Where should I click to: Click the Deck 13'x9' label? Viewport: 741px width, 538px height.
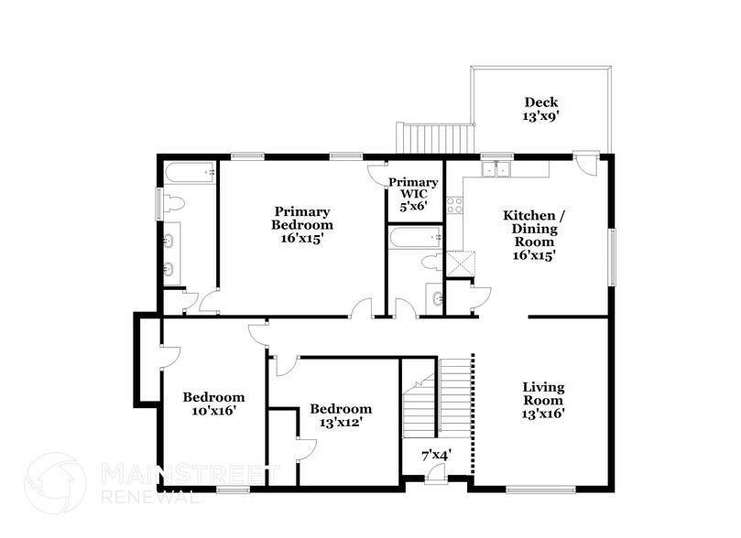(x=540, y=109)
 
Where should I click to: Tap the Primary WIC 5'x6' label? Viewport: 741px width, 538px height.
(x=413, y=195)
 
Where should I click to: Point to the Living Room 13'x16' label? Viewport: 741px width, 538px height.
(x=543, y=399)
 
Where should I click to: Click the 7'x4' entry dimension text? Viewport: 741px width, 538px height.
(x=436, y=454)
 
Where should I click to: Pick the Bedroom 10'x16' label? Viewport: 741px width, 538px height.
(x=213, y=403)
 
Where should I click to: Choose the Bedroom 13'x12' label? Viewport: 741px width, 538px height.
(x=341, y=415)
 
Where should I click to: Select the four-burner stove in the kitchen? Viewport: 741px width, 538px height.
(x=454, y=207)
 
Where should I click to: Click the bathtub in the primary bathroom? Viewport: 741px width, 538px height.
(x=190, y=171)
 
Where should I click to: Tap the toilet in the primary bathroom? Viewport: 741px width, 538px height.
(x=174, y=201)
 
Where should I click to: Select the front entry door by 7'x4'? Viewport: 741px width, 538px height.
(x=437, y=473)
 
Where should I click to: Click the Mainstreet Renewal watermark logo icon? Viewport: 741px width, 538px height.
(x=55, y=479)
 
